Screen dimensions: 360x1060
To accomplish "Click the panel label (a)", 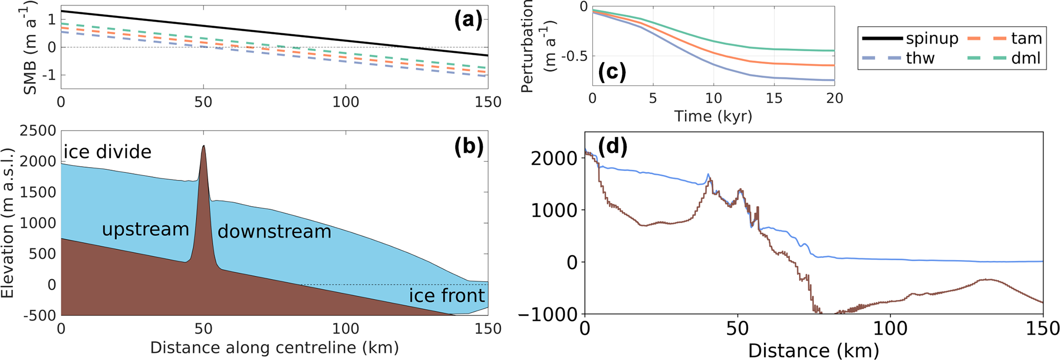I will point(468,21).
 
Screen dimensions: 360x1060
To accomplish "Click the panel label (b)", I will point(468,147).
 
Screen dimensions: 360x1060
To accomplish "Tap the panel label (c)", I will point(612,72).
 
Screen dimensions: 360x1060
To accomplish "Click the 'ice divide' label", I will point(107,152).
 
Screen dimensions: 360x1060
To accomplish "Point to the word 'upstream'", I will point(146,229).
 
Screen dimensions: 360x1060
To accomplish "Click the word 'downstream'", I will point(274,231).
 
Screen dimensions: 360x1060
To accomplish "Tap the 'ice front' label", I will point(447,295).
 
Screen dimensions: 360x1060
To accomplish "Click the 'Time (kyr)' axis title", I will point(713,116).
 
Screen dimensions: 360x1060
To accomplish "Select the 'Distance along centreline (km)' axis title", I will point(274,348).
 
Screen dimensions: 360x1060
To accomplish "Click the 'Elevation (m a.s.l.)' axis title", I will point(8,223).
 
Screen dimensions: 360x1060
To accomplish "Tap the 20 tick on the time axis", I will point(834,98).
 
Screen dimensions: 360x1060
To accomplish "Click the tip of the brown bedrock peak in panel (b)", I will point(204,146).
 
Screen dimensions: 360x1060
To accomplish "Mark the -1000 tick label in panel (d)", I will point(549,314).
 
